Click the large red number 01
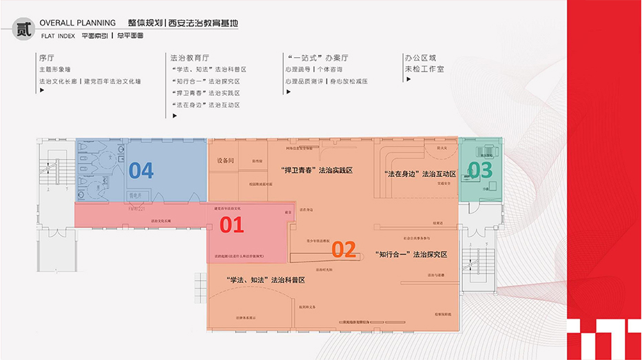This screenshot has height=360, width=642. pyautogui.click(x=232, y=224)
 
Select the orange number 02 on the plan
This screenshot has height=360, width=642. pyautogui.click(x=343, y=248)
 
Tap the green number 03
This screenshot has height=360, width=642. pyautogui.click(x=481, y=169)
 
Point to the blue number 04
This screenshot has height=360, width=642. pyautogui.click(x=141, y=170)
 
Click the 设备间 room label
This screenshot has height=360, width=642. pyautogui.click(x=226, y=160)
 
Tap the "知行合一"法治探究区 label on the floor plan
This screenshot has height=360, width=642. pyautogui.click(x=412, y=255)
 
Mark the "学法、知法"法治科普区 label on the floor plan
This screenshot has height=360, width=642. pyautogui.click(x=265, y=280)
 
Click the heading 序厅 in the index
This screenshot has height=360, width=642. pyautogui.click(x=46, y=59)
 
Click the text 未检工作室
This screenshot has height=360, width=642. pyautogui.click(x=424, y=70)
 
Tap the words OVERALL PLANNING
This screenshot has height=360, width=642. pyautogui.click(x=78, y=23)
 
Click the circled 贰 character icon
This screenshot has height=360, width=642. pyautogui.click(x=23, y=30)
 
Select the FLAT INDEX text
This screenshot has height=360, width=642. pyautogui.click(x=58, y=35)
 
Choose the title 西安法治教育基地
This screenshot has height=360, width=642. pyautogui.click(x=206, y=23)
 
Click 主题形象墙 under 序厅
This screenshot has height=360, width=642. pyautogui.click(x=54, y=70)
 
